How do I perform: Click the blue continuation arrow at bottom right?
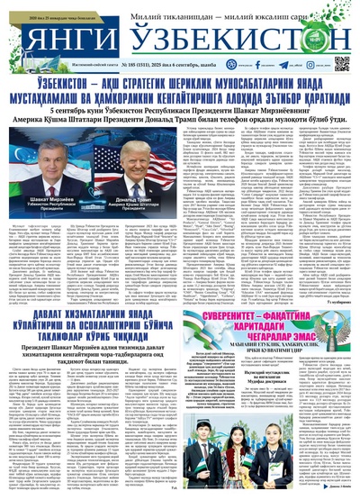346,492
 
